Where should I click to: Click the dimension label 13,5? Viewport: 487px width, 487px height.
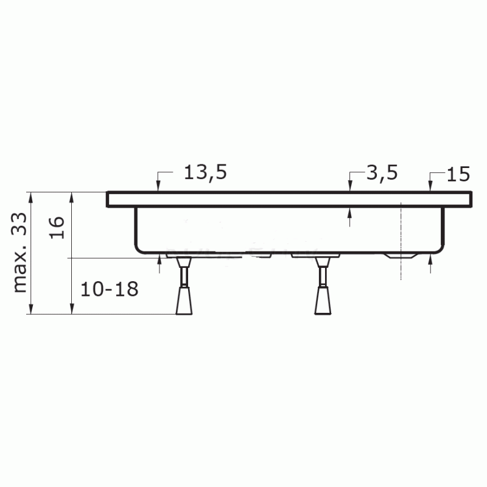[205, 173]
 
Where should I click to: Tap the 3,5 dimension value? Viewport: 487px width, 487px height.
[382, 173]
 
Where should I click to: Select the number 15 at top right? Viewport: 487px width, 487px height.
[458, 174]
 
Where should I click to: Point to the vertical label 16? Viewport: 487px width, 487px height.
[57, 227]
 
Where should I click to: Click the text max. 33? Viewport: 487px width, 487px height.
[20, 253]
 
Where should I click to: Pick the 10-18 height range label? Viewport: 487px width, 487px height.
[110, 290]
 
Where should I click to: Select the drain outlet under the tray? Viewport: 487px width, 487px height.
[400, 256]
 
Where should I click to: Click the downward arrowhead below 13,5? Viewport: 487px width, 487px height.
[158, 186]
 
